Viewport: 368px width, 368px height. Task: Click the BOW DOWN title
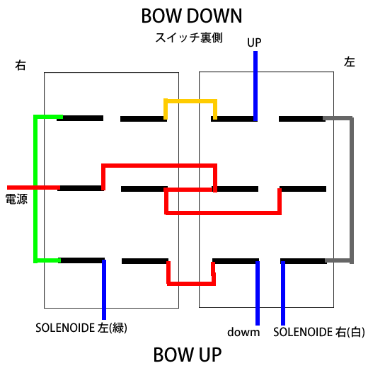192,16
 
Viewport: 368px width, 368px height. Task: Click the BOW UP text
188,355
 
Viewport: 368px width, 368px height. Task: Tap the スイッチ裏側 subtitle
189,38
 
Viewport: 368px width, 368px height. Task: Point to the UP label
254,42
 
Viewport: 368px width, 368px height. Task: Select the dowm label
243,332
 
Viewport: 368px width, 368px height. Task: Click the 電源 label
16,199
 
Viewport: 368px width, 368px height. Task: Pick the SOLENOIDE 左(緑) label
81,328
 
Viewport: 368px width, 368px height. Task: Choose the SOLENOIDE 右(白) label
319,332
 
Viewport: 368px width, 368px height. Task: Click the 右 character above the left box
21,65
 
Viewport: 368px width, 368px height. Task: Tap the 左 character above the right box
350,62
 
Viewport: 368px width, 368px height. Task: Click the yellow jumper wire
190,101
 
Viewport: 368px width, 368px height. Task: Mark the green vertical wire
35,189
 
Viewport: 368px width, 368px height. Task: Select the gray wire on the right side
352,189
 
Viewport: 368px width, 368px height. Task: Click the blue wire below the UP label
255,86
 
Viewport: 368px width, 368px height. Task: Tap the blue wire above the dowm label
258,293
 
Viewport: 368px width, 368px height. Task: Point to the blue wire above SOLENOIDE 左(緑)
104,289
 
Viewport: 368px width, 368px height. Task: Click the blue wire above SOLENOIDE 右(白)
283,293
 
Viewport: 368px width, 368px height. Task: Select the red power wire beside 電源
33,188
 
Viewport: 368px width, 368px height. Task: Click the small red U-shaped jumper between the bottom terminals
191,283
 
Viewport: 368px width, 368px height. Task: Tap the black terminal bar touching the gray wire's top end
302,119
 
